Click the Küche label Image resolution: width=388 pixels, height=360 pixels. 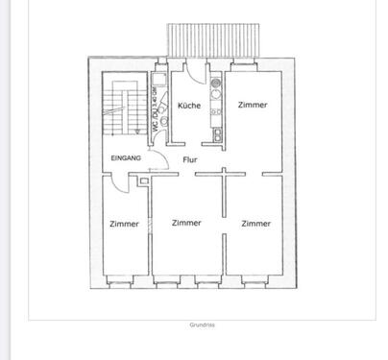click(x=188, y=106)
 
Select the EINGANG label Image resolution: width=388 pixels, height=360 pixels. click(x=126, y=156)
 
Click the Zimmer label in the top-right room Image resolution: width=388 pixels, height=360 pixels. click(x=254, y=105)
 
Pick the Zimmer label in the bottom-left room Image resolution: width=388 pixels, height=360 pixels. click(x=125, y=224)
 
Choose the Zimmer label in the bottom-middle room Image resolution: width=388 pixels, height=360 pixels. click(x=186, y=223)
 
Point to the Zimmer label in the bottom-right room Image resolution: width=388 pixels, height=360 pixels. click(x=255, y=223)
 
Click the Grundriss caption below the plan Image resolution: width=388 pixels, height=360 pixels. click(x=202, y=324)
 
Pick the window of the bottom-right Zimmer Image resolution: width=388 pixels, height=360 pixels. click(x=255, y=285)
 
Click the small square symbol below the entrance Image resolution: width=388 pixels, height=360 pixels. click(x=142, y=180)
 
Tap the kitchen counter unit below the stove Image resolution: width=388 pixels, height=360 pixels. click(x=217, y=120)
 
